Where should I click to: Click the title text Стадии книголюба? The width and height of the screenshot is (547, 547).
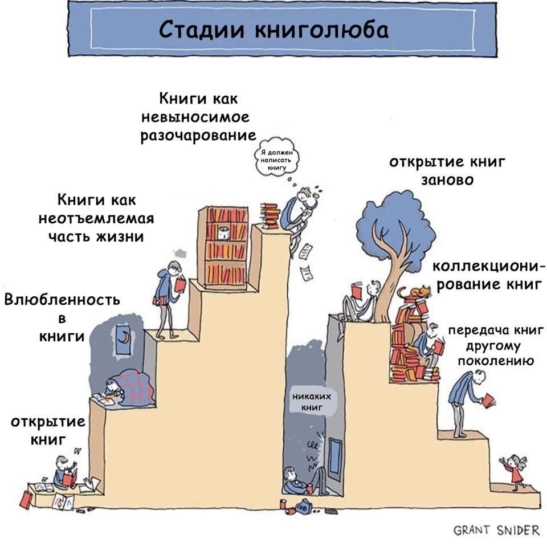coord(273,29)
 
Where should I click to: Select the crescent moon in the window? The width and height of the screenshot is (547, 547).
coord(123,337)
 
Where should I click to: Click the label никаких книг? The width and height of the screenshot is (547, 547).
coord(312,402)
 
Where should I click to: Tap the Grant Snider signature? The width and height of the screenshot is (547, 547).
coord(496,530)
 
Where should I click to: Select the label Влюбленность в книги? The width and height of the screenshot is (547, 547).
coord(62,318)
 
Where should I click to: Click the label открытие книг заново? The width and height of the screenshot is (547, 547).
coord(447,171)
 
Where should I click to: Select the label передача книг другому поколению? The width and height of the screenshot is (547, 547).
coord(495,346)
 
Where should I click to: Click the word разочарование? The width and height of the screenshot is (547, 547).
coord(198,136)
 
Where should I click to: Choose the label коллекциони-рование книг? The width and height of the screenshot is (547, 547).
coord(488,276)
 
